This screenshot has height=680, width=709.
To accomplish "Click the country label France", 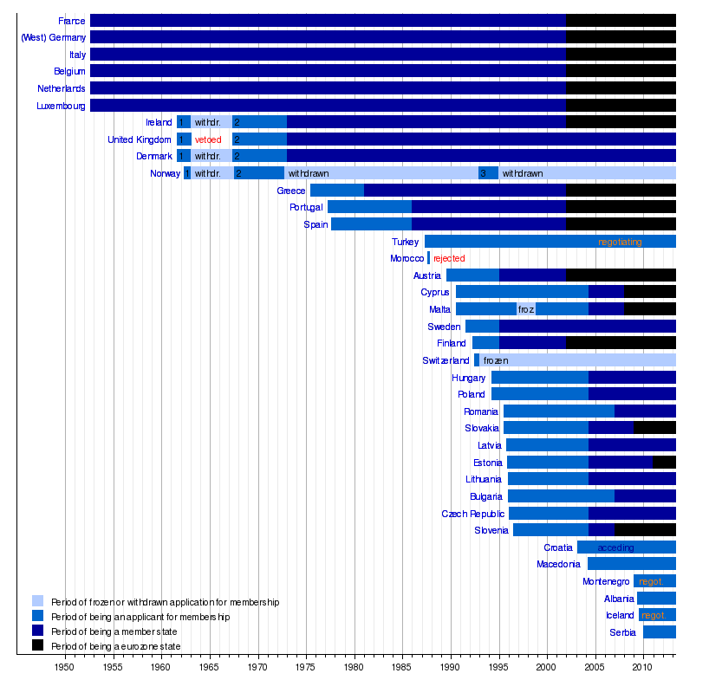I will (72, 21).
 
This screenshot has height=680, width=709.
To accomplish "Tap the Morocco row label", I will (407, 259).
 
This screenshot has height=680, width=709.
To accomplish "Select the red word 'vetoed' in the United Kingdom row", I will (208, 139).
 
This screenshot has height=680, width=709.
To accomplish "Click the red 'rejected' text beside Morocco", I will (449, 259).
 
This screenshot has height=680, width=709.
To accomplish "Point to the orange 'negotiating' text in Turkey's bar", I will (620, 242).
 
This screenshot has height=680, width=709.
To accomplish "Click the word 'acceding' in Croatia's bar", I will (615, 547).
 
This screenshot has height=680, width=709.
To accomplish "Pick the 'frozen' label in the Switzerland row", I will (496, 360).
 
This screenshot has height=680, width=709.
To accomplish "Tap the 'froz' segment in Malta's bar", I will (526, 309).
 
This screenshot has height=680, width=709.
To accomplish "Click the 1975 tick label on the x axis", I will (306, 667).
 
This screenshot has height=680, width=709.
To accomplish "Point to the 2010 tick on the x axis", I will (642, 667).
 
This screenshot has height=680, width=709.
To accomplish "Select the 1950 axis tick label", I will (65, 667).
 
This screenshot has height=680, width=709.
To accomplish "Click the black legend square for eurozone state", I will (38, 645).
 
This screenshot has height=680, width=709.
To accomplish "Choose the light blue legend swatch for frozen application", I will (38, 601).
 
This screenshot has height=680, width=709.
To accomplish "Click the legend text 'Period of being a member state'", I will (114, 631).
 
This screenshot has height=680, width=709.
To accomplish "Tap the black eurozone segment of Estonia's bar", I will (664, 463).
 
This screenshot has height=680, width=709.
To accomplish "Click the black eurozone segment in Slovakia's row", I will (654, 428).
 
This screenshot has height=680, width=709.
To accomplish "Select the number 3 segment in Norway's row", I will (488, 173).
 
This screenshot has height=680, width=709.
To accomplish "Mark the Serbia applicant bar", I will (659, 632).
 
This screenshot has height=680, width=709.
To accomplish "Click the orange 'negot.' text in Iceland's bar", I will (654, 615).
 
